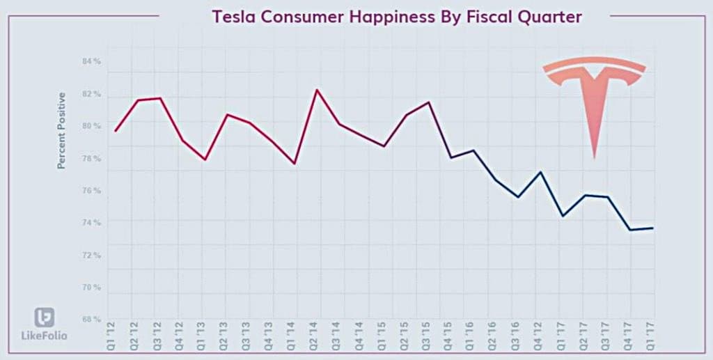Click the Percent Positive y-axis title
point(61,130)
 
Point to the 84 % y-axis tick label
point(91,62)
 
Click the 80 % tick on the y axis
point(91,127)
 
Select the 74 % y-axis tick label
point(91,223)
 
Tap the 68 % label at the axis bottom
point(91,320)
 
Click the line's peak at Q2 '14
point(317,89)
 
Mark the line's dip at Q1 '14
point(295,164)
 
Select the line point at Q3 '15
point(429,102)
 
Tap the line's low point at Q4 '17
point(630,230)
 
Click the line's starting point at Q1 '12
point(115,132)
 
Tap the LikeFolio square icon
point(45,317)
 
